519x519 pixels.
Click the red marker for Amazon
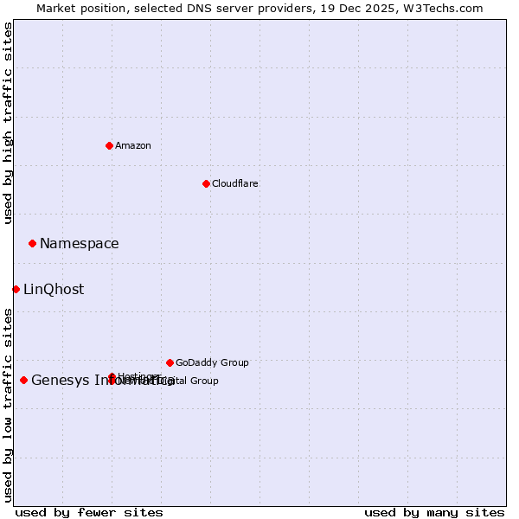click(x=109, y=145)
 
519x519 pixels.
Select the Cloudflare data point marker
click(x=206, y=183)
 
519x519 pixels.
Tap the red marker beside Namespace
click(x=32, y=243)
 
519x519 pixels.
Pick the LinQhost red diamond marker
click(x=16, y=289)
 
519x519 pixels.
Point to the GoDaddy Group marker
click(x=170, y=362)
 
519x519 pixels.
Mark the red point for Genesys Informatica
click(x=23, y=380)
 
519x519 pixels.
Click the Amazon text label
click(x=132, y=145)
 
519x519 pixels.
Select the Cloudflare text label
click(x=234, y=183)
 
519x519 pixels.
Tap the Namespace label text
click(x=79, y=244)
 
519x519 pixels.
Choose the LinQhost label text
click(x=54, y=290)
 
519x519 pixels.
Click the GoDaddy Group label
click(x=212, y=362)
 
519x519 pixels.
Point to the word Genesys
click(x=60, y=381)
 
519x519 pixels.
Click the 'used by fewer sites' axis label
click(x=89, y=512)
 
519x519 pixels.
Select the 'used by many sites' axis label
click(x=434, y=512)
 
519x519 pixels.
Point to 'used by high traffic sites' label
click(x=8, y=123)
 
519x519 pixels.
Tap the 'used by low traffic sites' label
click(x=8, y=404)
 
